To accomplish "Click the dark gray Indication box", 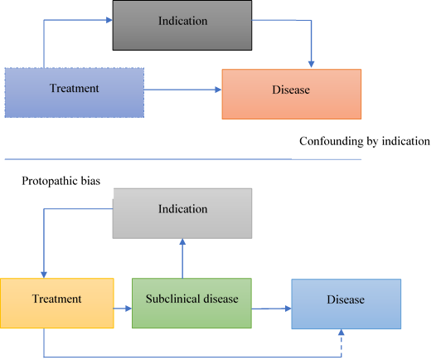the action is coord(182,26).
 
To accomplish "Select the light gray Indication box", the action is coord(182,213).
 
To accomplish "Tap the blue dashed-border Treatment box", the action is coord(75,93).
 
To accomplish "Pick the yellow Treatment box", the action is coord(57,303).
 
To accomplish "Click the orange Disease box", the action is coord(292,94).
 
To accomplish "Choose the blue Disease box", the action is coord(346,304).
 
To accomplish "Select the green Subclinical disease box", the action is coord(191,303).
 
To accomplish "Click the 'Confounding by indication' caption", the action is coord(365,141).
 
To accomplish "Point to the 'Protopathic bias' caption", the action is coord(61,181).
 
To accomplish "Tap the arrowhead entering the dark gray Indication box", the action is coord(109,20).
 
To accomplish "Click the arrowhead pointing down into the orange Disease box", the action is coord(311,65).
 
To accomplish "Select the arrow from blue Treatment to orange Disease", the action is coord(183,90).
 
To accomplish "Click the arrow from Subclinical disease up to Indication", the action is coord(182,259).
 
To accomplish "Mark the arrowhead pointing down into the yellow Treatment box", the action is coord(44,275).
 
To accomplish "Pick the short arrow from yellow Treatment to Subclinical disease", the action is coord(123,309).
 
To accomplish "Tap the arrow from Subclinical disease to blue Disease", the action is coord(271,309).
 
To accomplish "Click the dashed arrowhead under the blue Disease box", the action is coord(342,333).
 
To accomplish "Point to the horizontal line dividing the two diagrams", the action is coord(183,159).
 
